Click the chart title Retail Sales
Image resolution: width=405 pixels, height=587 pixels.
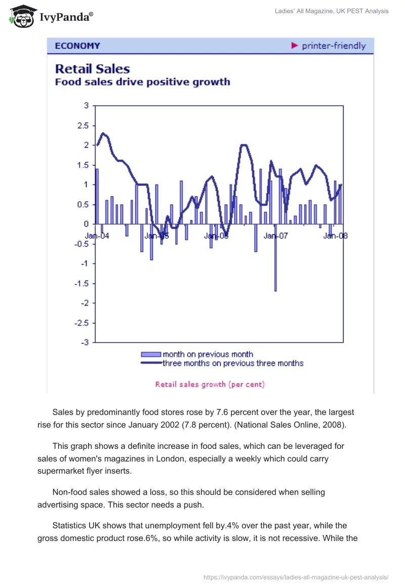click(x=92, y=69)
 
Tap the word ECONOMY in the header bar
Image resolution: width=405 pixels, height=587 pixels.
click(x=77, y=46)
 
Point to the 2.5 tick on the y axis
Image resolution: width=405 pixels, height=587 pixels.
click(x=83, y=125)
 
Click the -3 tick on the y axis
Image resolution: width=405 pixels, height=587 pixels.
click(x=85, y=343)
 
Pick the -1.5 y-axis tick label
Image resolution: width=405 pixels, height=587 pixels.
click(x=81, y=283)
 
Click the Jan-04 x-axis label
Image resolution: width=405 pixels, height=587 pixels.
click(x=97, y=236)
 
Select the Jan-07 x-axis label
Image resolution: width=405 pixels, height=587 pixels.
click(x=275, y=236)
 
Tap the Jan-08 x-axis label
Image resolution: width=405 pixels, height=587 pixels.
click(x=335, y=236)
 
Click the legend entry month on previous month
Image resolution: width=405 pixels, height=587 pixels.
click(x=208, y=354)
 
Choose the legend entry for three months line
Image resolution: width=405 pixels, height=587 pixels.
click(x=232, y=363)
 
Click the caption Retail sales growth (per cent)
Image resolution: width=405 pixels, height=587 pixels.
click(x=210, y=384)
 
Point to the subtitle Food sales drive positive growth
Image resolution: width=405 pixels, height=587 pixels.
click(x=142, y=82)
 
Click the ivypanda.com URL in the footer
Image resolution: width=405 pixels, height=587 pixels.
click(x=296, y=576)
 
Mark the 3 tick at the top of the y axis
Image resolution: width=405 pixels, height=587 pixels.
click(x=86, y=106)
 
